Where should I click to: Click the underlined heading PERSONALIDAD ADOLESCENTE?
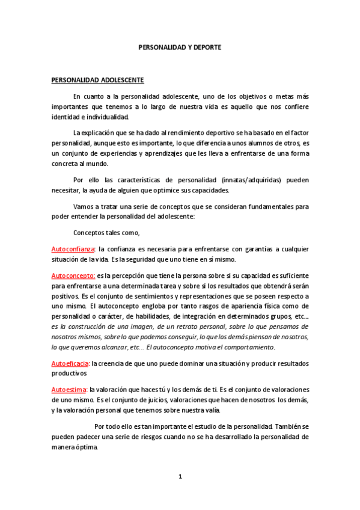[97, 79]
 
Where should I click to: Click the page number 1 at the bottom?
[180, 476]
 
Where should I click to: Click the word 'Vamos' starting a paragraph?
[84, 206]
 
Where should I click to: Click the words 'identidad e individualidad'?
[90, 115]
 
